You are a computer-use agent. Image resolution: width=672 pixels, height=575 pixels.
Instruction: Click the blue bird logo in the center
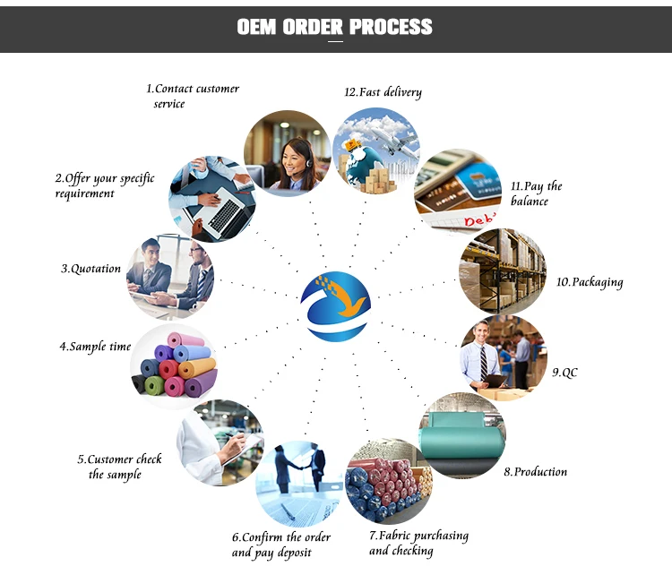[336, 305]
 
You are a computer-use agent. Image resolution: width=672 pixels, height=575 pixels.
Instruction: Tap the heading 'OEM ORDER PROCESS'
[335, 27]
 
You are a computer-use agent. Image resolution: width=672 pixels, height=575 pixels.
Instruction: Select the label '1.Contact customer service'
[192, 96]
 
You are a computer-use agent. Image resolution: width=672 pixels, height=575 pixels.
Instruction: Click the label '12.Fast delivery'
[383, 92]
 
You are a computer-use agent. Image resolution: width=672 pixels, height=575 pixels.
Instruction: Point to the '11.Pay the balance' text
[536, 193]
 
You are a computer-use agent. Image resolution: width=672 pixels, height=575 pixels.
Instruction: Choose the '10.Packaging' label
[589, 282]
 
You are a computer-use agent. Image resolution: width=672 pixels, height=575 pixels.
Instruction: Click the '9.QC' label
[564, 372]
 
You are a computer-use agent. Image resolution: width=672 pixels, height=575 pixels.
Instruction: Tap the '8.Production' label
[535, 471]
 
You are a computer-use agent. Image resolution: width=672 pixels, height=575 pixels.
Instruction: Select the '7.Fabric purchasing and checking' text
[418, 543]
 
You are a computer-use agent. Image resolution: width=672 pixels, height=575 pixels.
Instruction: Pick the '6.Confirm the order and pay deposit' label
[280, 545]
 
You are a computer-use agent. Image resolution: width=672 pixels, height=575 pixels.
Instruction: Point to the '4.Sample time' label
[95, 347]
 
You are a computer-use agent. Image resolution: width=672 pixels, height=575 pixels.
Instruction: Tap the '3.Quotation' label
[90, 269]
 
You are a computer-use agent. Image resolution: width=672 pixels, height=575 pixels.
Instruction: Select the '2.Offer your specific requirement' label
[104, 185]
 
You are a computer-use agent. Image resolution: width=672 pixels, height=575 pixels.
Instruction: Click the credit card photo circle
[458, 191]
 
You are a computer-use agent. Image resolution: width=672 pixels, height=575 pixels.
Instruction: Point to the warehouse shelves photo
[502, 270]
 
